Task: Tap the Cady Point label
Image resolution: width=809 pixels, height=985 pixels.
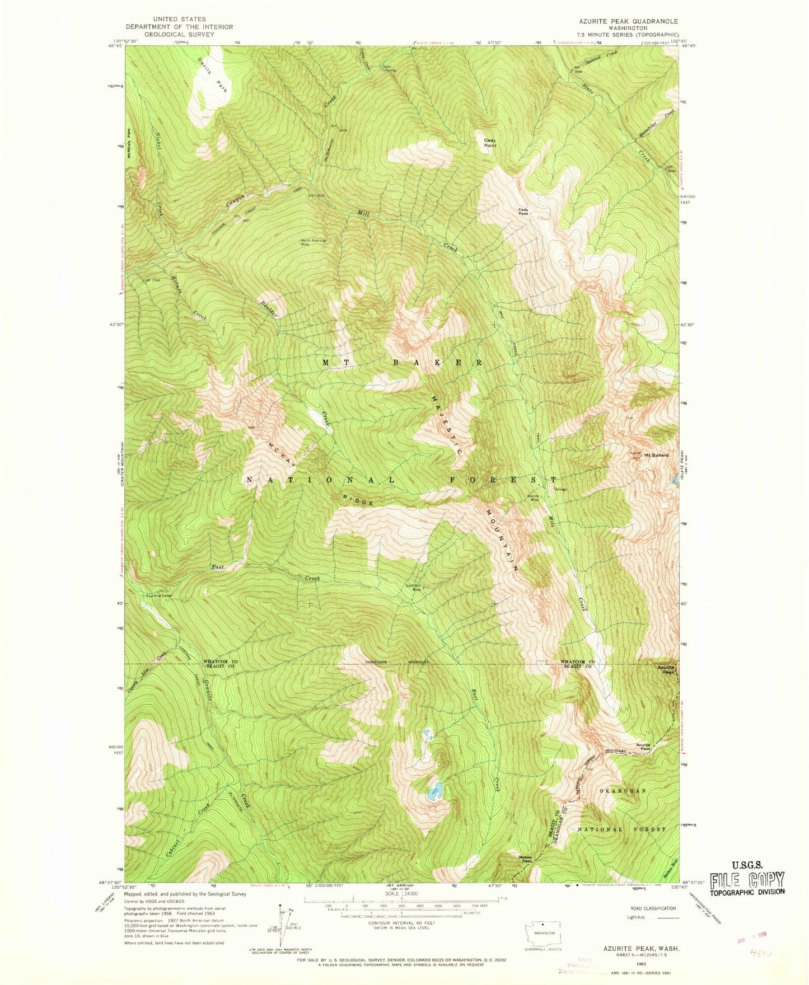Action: (x=490, y=143)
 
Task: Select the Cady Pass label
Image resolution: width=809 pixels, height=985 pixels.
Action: (x=523, y=212)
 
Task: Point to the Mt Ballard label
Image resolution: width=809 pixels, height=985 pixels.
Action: (x=656, y=455)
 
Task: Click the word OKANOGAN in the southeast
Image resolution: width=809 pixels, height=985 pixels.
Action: (x=623, y=791)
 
